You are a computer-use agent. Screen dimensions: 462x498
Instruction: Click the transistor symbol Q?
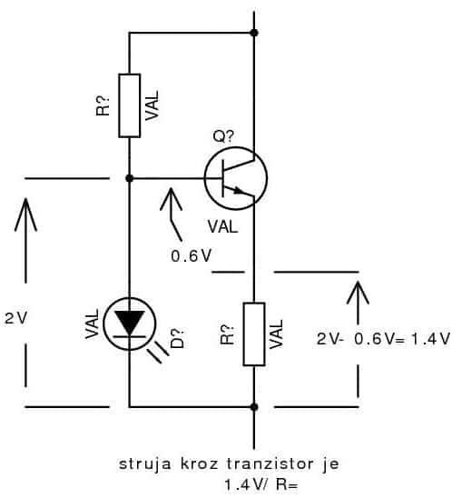236,178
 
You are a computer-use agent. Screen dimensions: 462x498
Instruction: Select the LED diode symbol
130,324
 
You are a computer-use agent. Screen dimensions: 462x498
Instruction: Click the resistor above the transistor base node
130,105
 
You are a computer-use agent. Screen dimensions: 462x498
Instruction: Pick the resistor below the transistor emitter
254,334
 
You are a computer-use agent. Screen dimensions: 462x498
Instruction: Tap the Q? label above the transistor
223,136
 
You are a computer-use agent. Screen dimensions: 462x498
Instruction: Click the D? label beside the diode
177,339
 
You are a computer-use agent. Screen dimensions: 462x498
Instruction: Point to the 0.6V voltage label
191,255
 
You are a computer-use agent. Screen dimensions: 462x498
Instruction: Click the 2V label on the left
16,318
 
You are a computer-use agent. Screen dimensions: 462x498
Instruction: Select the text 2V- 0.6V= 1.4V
383,339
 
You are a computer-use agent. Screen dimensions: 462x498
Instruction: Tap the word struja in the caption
145,464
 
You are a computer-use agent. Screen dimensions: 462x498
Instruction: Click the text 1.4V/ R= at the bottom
261,484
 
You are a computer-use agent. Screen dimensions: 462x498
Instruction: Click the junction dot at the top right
254,33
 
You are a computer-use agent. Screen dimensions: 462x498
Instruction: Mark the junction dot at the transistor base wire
129,178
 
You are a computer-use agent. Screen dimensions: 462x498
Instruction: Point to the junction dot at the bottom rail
254,407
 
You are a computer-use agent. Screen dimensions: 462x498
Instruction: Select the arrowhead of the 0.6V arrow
171,198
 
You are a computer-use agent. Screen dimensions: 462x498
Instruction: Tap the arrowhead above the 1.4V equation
358,292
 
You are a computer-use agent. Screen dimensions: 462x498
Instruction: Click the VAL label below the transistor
222,227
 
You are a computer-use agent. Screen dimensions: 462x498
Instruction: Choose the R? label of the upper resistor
103,105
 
